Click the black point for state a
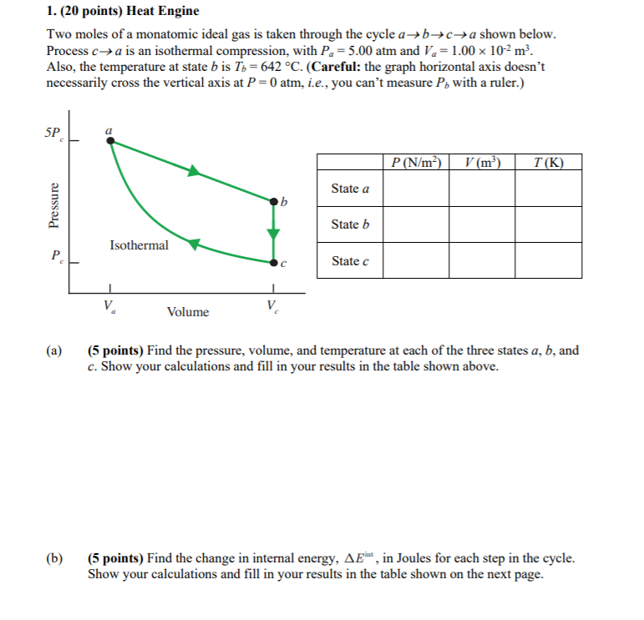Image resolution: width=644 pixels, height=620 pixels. [110, 141]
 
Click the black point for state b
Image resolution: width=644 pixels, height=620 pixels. [273, 201]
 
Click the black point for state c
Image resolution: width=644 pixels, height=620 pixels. [273, 262]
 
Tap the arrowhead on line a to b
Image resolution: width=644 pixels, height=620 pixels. [194, 171]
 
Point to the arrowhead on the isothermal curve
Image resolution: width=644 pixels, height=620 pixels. [192, 244]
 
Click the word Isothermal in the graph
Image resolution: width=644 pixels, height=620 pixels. [139, 245]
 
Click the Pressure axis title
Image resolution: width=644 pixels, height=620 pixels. [54, 206]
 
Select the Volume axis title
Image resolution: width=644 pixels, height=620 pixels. [188, 312]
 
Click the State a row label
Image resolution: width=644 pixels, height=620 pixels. [350, 189]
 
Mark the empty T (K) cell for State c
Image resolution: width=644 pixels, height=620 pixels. [548, 260]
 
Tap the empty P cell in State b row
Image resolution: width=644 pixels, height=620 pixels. [416, 224]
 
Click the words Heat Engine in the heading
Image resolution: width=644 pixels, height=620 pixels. [163, 12]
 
